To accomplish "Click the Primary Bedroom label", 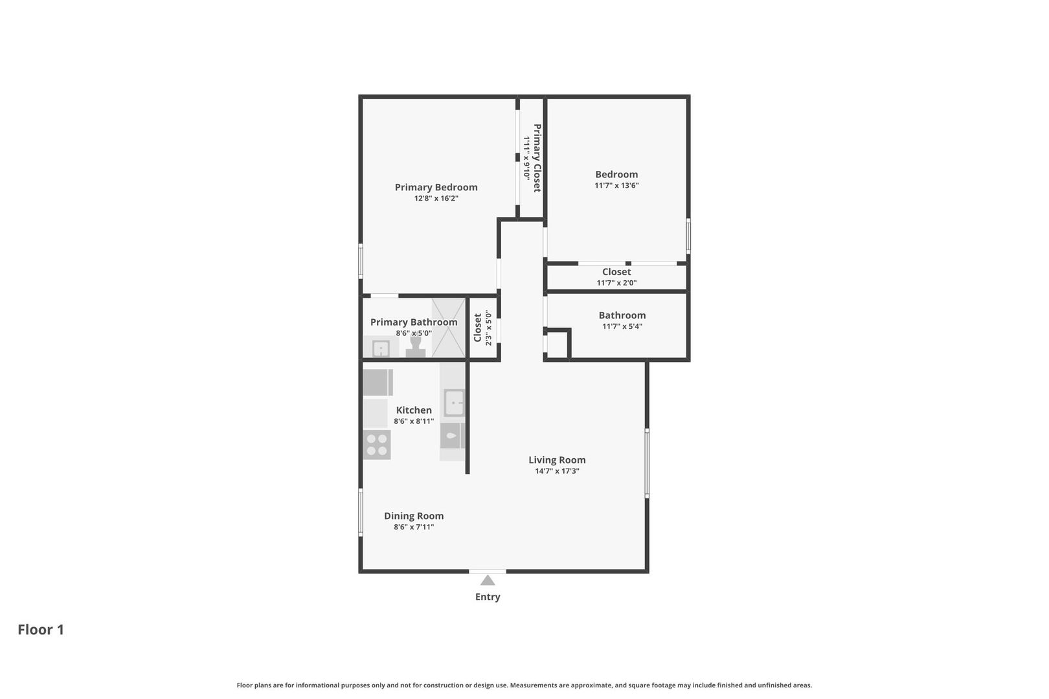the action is coord(436,187).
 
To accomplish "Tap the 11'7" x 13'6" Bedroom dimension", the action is coord(616,185).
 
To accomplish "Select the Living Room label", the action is coord(557,460).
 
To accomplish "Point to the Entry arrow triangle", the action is coord(488,581).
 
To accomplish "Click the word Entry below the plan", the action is coord(488,597).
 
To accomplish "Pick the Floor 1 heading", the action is coord(41,630).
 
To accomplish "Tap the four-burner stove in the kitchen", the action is coord(377,445).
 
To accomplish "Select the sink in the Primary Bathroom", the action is coord(381,349).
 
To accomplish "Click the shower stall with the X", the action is coord(448,327).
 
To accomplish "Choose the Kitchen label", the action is coord(414,410).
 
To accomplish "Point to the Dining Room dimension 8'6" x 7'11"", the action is coord(414,527).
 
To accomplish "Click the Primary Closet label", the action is coord(537,158).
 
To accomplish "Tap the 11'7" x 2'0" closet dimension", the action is coord(616,283).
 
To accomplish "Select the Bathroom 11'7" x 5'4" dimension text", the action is coord(622,326).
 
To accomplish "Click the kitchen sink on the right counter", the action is coord(454,403).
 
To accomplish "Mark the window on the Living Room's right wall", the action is coord(647,463).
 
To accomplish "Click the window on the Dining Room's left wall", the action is coord(361,512).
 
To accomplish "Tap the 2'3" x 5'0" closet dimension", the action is coord(488,327).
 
